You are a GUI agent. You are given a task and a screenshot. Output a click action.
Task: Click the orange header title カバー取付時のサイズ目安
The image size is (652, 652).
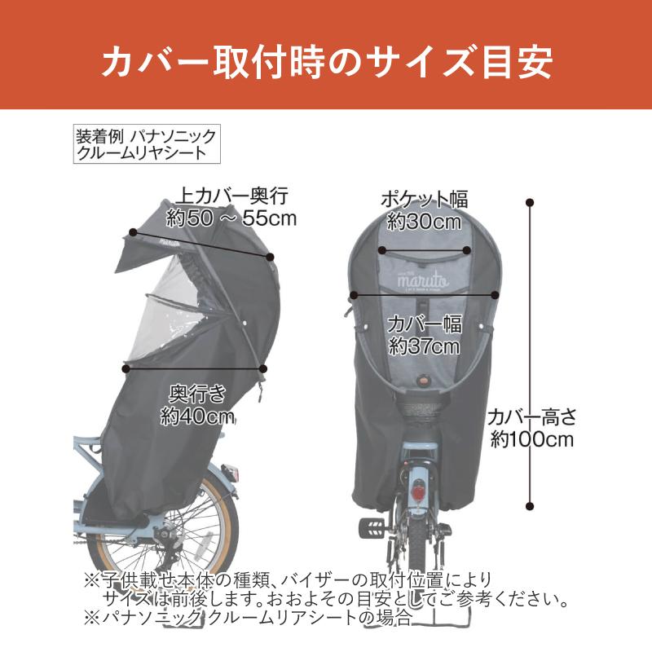click(327, 63)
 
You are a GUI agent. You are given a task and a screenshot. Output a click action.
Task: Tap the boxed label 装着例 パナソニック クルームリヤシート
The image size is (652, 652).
click(147, 144)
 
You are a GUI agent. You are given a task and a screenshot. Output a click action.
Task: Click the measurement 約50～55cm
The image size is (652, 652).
click(231, 218)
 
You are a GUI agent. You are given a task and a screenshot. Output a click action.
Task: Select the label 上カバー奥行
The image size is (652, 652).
click(232, 196)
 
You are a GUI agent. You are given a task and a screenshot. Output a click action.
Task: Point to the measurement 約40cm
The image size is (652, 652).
click(197, 416)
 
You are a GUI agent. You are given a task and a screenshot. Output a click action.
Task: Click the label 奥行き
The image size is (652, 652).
click(197, 394)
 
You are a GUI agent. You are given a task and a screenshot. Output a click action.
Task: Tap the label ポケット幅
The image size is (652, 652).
click(425, 199)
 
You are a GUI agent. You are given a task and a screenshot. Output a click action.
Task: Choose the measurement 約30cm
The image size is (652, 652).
click(425, 222)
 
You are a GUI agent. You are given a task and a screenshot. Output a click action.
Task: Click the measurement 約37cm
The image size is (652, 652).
click(425, 346)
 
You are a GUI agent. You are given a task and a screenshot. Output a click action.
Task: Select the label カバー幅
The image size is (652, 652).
click(425, 324)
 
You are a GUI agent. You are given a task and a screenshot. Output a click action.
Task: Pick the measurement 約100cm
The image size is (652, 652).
click(532, 439)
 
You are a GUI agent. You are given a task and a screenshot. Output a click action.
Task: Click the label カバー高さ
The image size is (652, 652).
click(532, 417)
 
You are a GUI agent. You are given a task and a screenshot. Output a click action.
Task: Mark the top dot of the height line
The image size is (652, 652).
click(530, 203)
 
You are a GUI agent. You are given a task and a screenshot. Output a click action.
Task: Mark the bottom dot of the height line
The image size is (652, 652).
click(530, 506)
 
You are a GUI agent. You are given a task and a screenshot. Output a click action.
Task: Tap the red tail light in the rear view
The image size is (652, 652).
click(418, 493)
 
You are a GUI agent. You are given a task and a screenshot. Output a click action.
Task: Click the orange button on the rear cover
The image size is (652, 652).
click(425, 379)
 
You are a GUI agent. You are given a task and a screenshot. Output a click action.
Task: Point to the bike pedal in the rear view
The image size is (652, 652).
click(372, 527)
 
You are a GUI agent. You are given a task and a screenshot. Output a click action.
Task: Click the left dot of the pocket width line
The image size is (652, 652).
click(382, 250)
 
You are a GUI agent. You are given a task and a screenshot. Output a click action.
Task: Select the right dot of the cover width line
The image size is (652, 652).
click(495, 295)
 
